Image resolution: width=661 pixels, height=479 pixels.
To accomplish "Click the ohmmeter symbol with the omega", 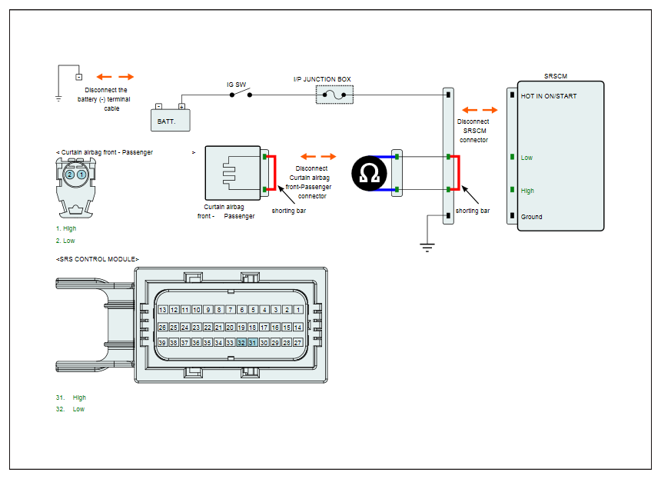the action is [369, 173].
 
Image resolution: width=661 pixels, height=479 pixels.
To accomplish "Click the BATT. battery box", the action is [171, 120].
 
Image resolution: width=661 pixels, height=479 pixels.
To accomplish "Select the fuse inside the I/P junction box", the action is [334, 95].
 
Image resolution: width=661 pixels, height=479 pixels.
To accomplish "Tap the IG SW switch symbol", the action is [241, 93].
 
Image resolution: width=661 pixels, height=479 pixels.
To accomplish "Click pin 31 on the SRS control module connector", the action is [253, 342].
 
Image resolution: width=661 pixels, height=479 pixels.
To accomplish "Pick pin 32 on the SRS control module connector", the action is [241, 342].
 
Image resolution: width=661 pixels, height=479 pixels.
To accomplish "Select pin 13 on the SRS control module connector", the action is [163, 310].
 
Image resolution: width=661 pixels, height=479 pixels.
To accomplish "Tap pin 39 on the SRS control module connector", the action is [162, 342].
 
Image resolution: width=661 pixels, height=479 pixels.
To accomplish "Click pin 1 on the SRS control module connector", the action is [298, 310].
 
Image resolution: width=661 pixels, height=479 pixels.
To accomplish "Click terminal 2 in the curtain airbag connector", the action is [70, 175].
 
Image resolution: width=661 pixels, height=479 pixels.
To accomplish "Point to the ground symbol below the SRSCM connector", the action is [427, 247].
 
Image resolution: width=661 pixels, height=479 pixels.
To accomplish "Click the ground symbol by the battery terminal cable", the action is [58, 98].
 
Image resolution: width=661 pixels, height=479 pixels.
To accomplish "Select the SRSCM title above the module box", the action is [555, 76].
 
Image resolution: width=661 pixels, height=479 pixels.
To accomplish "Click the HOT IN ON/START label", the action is [549, 96].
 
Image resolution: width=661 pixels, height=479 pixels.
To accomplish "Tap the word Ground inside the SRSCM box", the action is [531, 217].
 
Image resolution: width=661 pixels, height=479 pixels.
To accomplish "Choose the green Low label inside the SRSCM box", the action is [526, 158].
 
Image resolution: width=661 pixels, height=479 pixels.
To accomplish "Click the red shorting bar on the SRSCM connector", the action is [459, 173].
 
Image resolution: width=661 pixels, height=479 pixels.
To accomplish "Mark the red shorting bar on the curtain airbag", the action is [275, 173].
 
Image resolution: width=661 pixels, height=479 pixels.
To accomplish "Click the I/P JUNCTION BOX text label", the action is [322, 79].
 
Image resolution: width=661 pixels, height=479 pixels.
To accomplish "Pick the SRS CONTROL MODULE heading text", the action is [98, 259].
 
